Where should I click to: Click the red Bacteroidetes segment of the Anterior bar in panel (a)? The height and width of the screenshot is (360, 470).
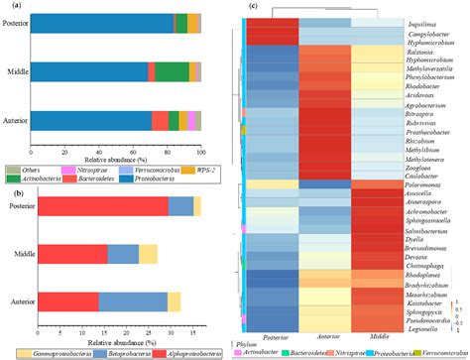[x=159, y=120]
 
